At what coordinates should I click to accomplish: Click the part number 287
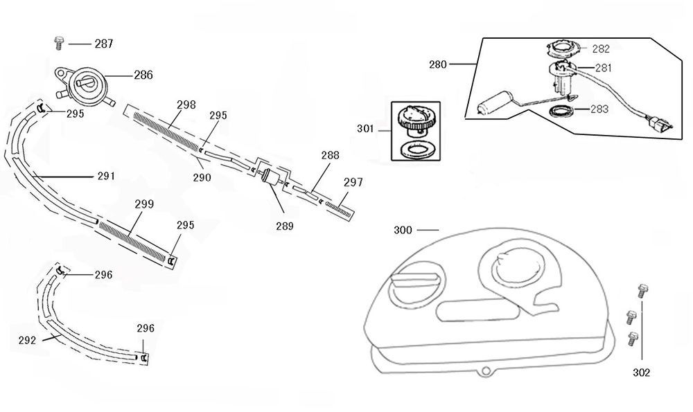point(104,44)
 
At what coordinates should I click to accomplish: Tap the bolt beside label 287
point(59,44)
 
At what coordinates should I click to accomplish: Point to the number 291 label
point(106,177)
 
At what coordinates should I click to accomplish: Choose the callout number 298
point(186,105)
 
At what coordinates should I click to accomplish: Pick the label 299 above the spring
point(144,204)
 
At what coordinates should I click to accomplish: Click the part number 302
point(642,373)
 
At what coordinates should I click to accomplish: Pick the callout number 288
point(330,156)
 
